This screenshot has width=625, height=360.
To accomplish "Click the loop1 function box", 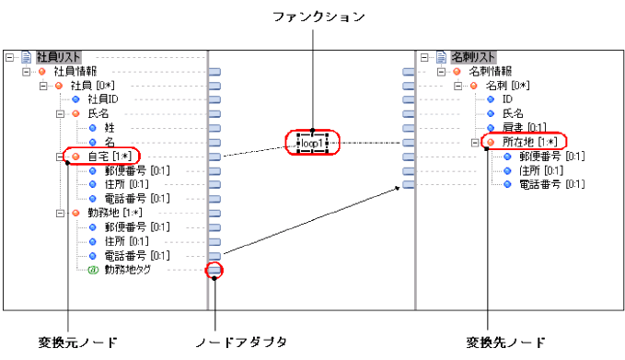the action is point(314,144).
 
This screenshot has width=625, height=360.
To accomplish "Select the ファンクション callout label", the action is point(313,17).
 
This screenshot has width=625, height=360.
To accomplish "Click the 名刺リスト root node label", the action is point(473,57).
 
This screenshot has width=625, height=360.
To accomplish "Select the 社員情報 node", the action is point(75,71).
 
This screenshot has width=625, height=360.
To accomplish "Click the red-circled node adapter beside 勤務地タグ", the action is point(214,269).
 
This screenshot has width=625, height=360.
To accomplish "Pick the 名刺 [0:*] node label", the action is point(513,85).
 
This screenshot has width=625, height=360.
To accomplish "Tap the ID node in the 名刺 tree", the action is point(507,99).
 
